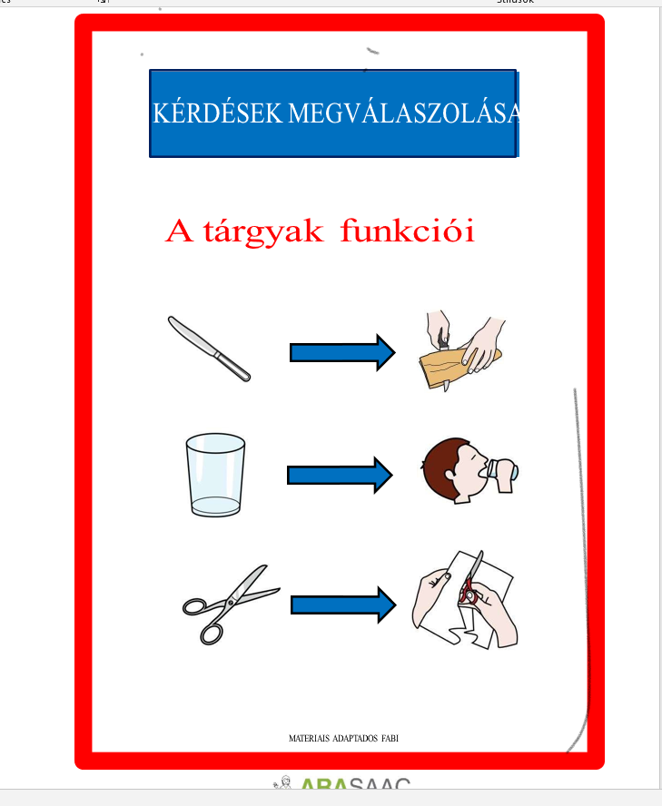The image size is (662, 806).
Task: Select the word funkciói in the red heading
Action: pos(408,231)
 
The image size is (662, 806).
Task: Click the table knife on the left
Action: pos(209,349)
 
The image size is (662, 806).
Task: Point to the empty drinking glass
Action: pos(215,475)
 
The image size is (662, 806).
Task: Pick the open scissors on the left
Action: pos(229,603)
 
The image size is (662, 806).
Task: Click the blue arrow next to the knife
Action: pos(341,352)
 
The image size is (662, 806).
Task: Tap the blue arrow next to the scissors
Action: pos(343,603)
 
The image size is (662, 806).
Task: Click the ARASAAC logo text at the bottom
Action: pos(354,786)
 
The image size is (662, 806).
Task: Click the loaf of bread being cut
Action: pos(445,369)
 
